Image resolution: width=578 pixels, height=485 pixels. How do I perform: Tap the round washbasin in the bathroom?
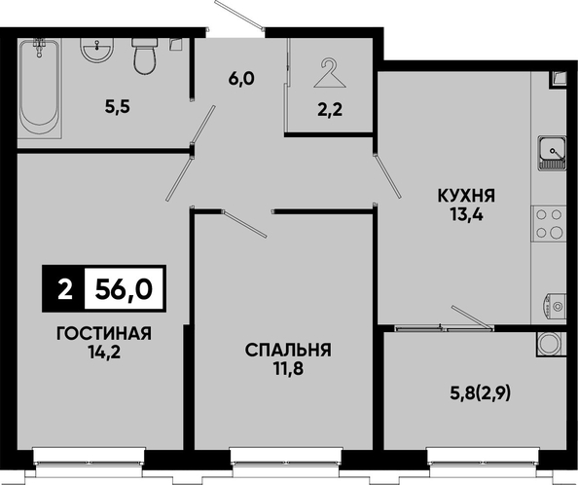click(x=97, y=50)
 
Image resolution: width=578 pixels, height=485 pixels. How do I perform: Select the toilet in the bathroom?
click(x=145, y=56)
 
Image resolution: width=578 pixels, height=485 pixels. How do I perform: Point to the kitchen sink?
click(x=552, y=153)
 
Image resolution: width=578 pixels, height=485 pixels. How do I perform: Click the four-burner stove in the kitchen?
click(x=549, y=223)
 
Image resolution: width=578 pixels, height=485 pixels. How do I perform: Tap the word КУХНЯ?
click(x=466, y=196)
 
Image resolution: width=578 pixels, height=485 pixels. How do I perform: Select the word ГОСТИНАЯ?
click(x=104, y=334)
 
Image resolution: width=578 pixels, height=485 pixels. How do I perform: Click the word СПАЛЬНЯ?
click(x=288, y=350)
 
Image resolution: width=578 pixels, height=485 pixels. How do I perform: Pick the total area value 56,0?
click(x=124, y=288)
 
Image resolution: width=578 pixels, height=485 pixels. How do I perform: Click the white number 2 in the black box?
click(x=65, y=289)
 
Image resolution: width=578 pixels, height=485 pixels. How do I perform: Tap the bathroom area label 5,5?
click(x=118, y=108)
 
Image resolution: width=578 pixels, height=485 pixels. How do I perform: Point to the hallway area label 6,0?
click(x=241, y=79)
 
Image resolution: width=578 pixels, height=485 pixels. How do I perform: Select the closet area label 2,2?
click(x=330, y=109)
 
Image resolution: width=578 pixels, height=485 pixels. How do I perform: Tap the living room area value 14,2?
click(x=104, y=353)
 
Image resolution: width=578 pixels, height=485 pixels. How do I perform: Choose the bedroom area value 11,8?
click(x=288, y=369)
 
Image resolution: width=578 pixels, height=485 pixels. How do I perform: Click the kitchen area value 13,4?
click(x=466, y=214)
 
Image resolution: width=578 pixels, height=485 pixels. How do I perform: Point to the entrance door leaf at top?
click(x=239, y=15)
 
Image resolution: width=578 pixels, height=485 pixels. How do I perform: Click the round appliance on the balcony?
click(x=551, y=344)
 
